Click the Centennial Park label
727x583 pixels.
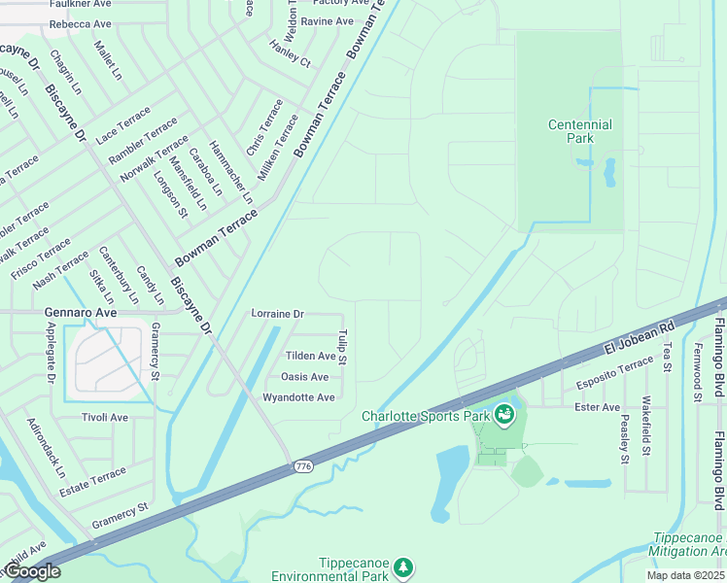tap(579, 131)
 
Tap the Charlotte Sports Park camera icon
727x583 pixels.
tap(503, 416)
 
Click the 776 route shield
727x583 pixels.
tap(303, 468)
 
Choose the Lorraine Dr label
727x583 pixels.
tap(278, 314)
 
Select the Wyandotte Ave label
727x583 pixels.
tap(298, 397)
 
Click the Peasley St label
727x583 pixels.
tap(624, 438)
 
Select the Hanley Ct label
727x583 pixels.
tap(290, 53)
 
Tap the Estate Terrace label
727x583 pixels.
tap(93, 482)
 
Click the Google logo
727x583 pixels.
tap(31, 571)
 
